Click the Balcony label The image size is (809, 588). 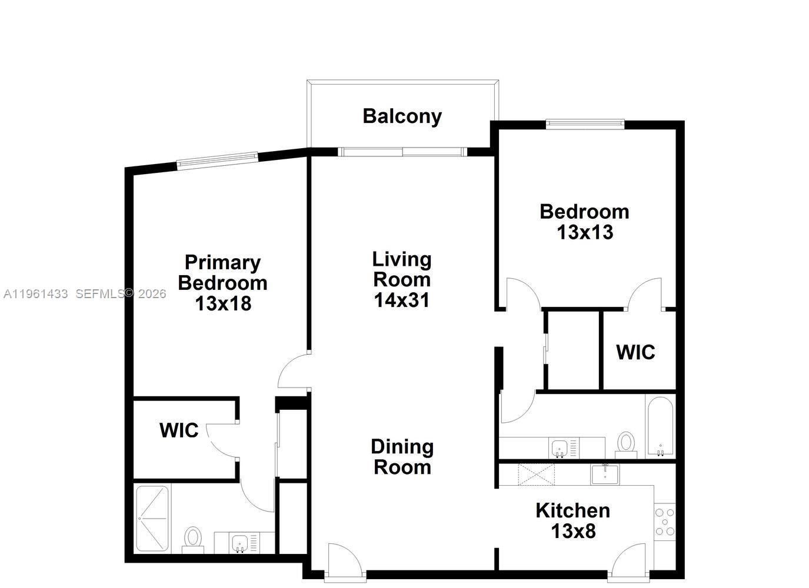click(402, 116)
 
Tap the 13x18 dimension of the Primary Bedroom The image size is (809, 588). click(223, 303)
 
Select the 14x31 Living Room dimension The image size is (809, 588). click(402, 300)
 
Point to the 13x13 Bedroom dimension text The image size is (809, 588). click(585, 232)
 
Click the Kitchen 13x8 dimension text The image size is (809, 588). click(574, 531)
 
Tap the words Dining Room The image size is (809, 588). click(402, 457)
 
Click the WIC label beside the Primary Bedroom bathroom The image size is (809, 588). click(179, 430)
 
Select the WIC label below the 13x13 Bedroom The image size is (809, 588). click(635, 352)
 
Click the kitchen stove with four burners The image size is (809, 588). click(665, 522)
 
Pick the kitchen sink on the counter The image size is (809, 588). click(605, 475)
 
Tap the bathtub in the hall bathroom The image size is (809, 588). click(660, 426)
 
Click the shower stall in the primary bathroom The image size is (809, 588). click(152, 519)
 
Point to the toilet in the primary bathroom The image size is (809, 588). click(193, 540)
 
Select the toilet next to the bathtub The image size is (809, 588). click(626, 445)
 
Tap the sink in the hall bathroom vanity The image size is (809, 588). click(559, 448)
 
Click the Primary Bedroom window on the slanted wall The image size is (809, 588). click(218, 161)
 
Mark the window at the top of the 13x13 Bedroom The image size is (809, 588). click(585, 124)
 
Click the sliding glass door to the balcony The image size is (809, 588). click(402, 152)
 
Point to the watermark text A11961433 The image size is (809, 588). click(35, 294)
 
